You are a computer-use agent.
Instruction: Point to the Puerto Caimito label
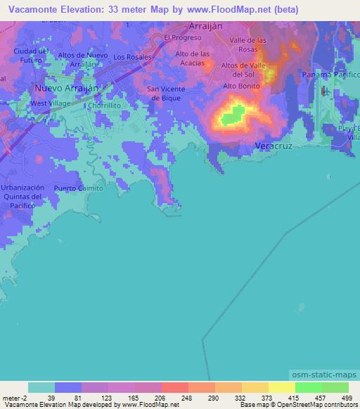(78, 188)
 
